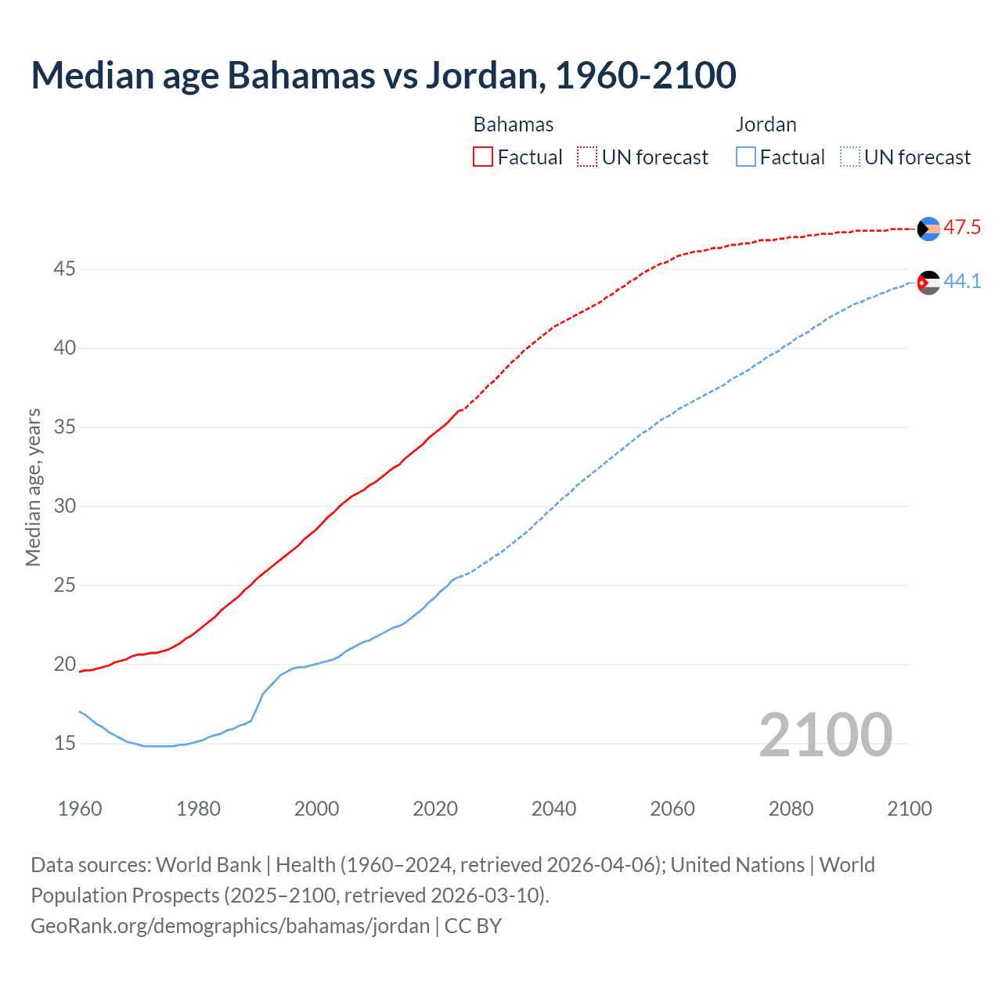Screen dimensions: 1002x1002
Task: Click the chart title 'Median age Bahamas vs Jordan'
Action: pyautogui.click(x=384, y=75)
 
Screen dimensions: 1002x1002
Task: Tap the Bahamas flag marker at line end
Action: pyautogui.click(x=928, y=229)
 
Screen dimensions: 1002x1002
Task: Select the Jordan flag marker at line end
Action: pyautogui.click(x=928, y=283)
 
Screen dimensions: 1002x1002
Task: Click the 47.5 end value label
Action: pyautogui.click(x=962, y=228)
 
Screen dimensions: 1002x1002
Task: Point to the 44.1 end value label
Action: pyautogui.click(x=962, y=281)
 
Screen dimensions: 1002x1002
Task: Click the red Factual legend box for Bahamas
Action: pyautogui.click(x=483, y=157)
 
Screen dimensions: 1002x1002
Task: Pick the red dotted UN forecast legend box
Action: pyautogui.click(x=587, y=157)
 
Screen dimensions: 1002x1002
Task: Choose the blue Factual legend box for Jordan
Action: pyautogui.click(x=746, y=157)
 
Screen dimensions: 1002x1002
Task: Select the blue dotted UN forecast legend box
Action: pyautogui.click(x=849, y=157)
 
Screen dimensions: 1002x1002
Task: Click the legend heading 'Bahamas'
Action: pyautogui.click(x=514, y=124)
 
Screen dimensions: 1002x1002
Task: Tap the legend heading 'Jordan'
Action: pyautogui.click(x=766, y=124)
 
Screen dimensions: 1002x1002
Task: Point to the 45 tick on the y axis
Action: pyautogui.click(x=64, y=269)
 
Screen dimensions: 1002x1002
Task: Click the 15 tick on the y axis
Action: pyautogui.click(x=64, y=743)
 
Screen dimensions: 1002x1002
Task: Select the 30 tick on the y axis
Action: pyautogui.click(x=64, y=506)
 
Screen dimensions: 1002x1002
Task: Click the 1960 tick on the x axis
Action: pyautogui.click(x=80, y=809)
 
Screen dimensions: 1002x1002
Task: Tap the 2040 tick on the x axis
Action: pyautogui.click(x=553, y=809)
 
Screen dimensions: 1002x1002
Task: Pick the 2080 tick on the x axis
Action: pyautogui.click(x=791, y=809)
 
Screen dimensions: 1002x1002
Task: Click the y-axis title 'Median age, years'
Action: pyautogui.click(x=33, y=487)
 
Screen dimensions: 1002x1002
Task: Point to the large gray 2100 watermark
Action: pyautogui.click(x=825, y=734)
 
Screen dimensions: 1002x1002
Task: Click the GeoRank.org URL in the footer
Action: pyautogui.click(x=230, y=926)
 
